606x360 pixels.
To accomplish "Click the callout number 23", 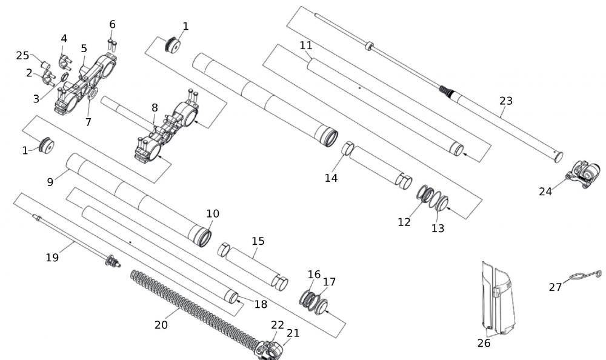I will pos(505,101).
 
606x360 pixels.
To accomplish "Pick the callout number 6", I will pos(112,24).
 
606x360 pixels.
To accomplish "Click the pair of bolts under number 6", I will pos(112,44).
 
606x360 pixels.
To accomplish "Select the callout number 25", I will pos(22,56).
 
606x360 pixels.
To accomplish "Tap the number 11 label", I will pos(305,45).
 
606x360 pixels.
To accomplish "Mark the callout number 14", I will pos(330,178).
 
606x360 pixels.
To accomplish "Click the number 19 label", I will pos(52,258).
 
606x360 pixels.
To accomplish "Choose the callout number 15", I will pos(258,241).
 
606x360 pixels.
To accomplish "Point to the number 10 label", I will pos(213,214).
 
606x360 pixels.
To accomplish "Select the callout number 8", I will pos(155,107).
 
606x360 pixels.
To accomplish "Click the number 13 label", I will pos(438,228).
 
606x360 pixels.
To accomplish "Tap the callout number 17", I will pos(329,282).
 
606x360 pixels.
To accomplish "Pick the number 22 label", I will pos(278,325).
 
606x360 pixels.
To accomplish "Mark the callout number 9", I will pos(50,181).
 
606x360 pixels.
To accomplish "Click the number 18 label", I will pos(261,304).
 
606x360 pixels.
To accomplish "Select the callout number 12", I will pos(404,222).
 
